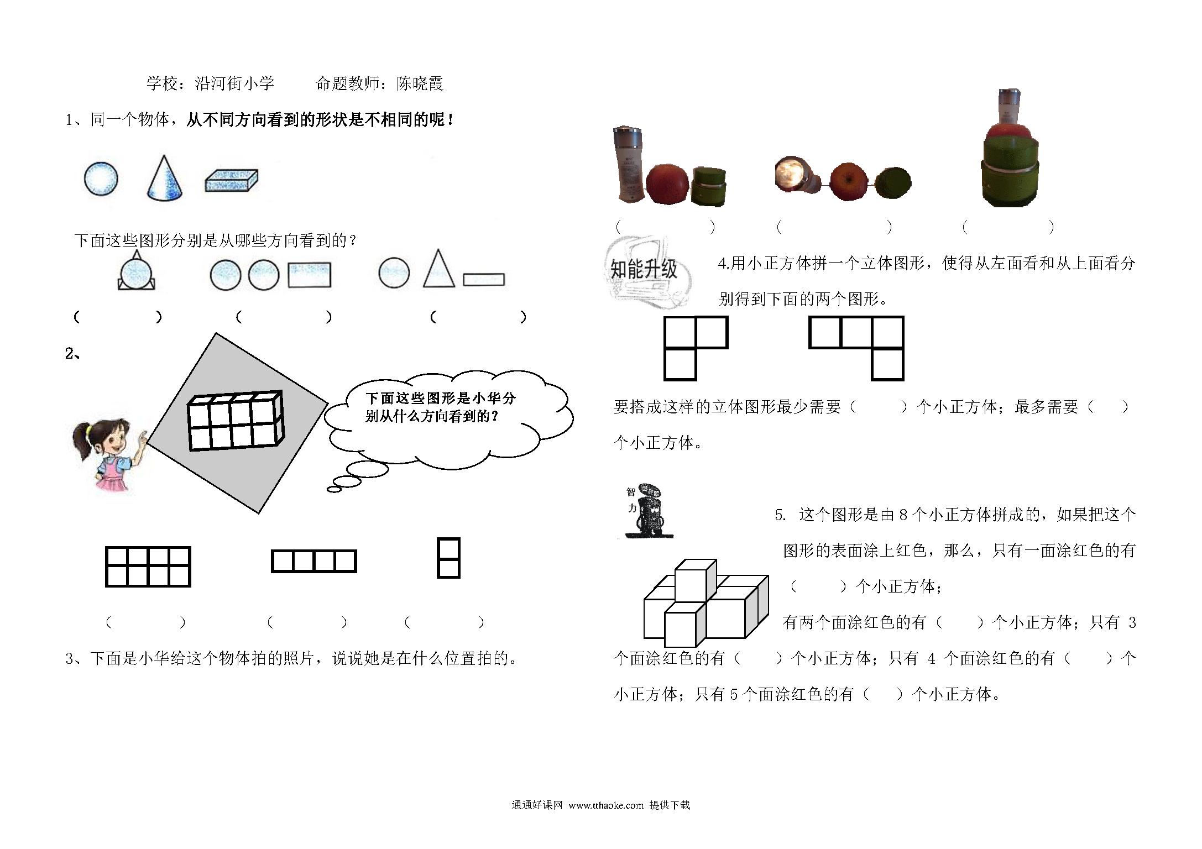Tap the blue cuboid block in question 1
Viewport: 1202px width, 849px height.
232,181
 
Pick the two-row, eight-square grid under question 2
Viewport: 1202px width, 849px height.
148,567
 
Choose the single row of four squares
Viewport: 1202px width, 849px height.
313,561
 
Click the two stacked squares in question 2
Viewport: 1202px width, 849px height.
448,558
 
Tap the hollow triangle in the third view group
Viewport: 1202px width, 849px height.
438,269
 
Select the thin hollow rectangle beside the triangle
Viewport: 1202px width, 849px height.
484,280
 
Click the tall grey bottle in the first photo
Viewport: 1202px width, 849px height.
629,164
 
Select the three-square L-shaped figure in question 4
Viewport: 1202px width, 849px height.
696,348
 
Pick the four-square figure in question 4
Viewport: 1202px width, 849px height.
856,348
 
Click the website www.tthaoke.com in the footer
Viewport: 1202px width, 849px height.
606,805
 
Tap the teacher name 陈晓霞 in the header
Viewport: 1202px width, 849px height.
420,83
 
